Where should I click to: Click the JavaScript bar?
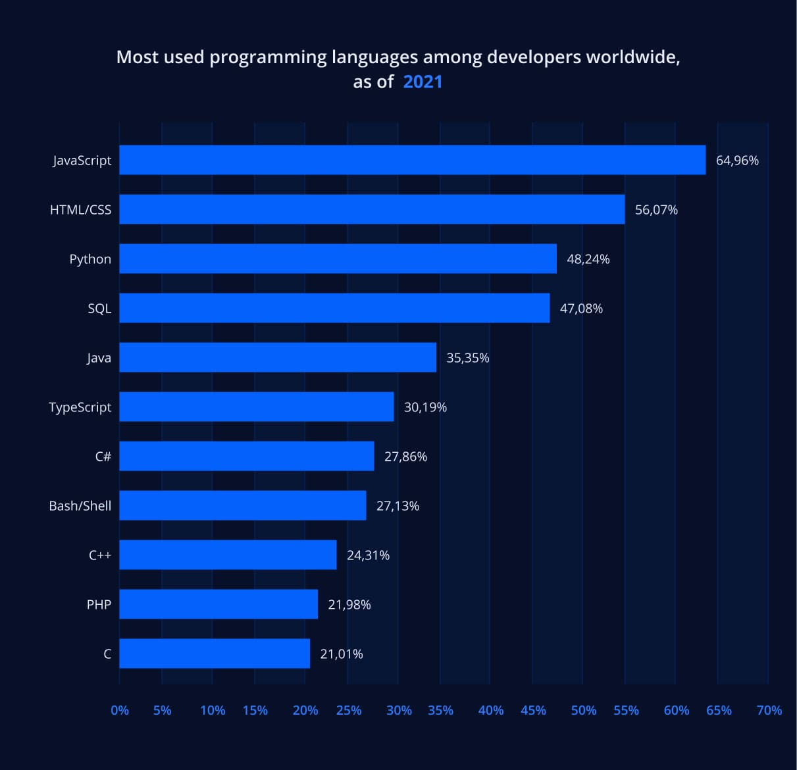(412, 160)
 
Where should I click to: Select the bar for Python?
(338, 259)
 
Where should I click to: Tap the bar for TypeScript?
(257, 407)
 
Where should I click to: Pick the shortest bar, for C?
(215, 654)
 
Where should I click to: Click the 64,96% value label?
(737, 161)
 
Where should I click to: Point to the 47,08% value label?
(581, 309)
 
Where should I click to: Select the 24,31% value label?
(368, 555)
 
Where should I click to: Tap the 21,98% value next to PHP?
(349, 605)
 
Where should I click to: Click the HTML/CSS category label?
(80, 210)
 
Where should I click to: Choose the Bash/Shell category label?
(80, 506)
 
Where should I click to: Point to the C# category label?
(103, 457)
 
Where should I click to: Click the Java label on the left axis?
(99, 358)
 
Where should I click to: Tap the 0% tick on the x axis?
(120, 711)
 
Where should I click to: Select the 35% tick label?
(440, 711)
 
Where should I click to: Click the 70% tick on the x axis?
(769, 711)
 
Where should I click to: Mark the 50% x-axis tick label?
(583, 711)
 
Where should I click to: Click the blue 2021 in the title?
(423, 82)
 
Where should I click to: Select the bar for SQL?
(334, 308)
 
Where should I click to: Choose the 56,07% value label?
(656, 210)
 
